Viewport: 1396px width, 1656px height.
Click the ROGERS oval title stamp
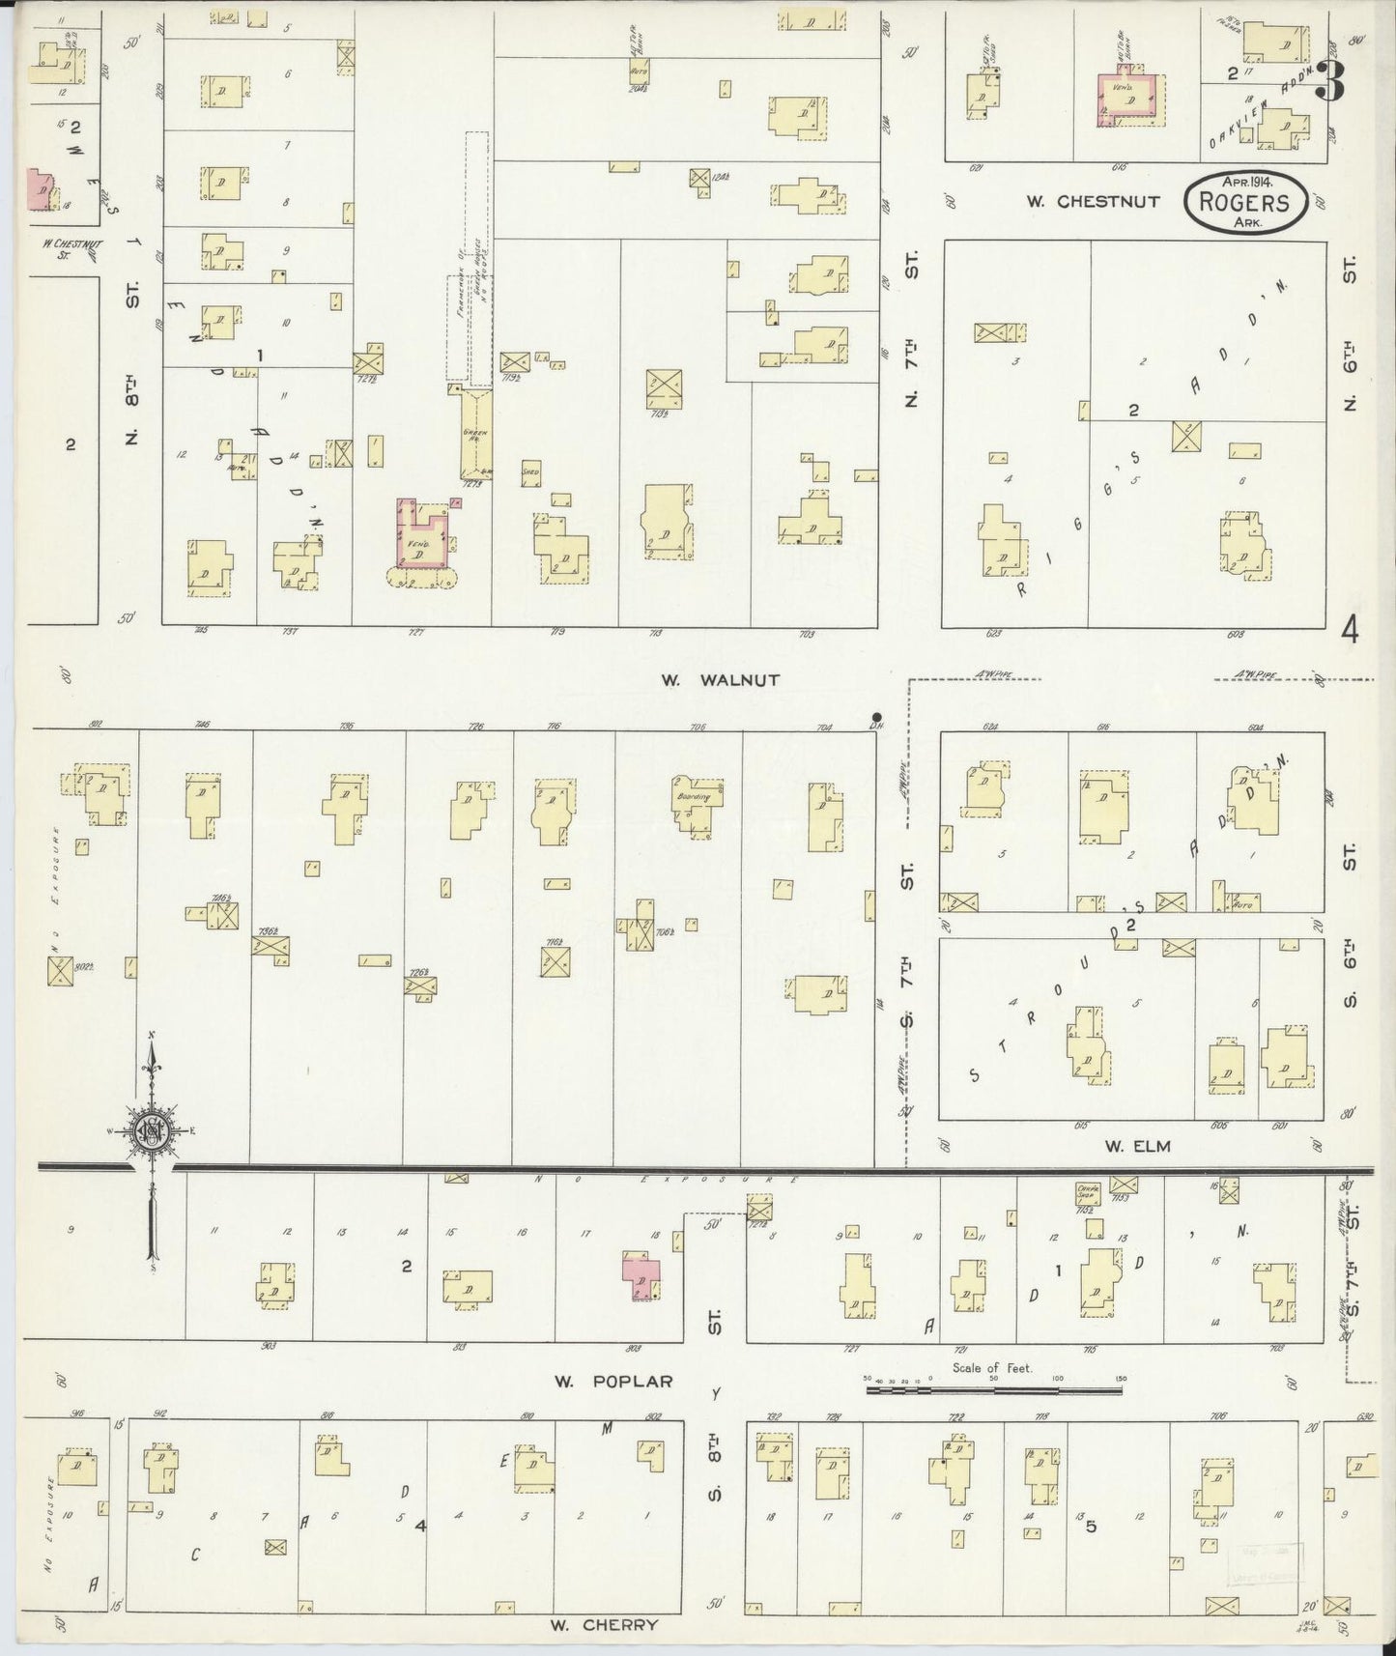[1245, 202]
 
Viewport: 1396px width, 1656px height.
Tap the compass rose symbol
[153, 1131]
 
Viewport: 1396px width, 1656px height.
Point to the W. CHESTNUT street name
[1079, 202]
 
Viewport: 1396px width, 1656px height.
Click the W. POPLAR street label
[613, 1382]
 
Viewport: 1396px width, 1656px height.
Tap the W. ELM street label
[1138, 1146]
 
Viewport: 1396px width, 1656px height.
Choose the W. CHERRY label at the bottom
[604, 1624]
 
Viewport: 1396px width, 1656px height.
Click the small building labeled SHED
[530, 471]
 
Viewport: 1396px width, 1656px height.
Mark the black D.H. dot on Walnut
[876, 717]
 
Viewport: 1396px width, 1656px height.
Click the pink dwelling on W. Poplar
[641, 1277]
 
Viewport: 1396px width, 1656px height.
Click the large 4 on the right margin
[1350, 631]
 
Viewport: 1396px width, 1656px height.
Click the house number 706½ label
[664, 932]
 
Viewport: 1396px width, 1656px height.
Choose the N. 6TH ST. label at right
[1350, 334]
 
